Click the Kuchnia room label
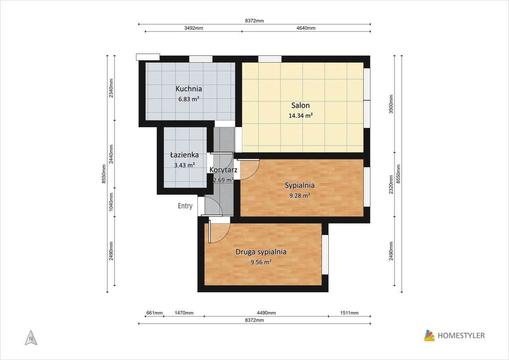click(188, 89)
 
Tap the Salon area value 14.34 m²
click(300, 115)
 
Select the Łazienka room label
click(184, 155)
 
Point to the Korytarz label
click(223, 170)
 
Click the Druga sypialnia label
click(261, 252)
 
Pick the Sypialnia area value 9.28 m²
click(300, 195)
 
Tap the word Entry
click(185, 206)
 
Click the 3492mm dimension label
click(194, 28)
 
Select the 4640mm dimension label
click(306, 28)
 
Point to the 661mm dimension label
click(154, 313)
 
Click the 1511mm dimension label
click(349, 313)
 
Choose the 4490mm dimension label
click(266, 313)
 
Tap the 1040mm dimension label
click(111, 202)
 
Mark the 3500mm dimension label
click(391, 104)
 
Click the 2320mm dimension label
click(391, 184)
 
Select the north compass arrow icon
click(31, 338)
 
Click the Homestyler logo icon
click(429, 335)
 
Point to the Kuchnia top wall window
click(201, 59)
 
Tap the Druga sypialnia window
click(325, 255)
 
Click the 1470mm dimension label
click(184, 313)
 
